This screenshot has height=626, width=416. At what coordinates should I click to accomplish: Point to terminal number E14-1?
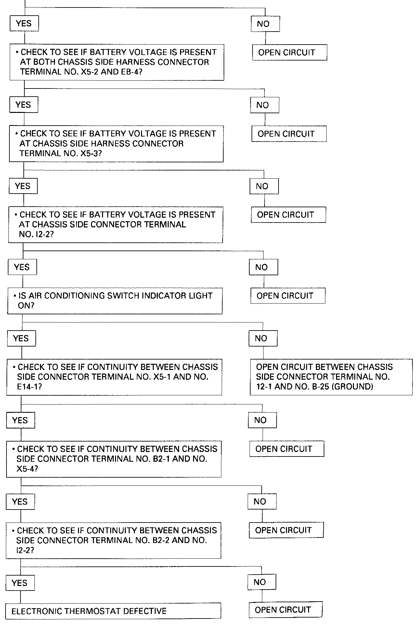29,387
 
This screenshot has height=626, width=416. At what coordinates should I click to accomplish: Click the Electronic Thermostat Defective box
113,611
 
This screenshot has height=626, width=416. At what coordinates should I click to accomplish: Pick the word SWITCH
122,296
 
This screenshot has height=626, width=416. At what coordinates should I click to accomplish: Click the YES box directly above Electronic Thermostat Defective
20,583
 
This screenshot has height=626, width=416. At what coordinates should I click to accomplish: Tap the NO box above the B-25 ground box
263,338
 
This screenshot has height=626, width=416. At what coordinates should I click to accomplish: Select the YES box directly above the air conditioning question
22,267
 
